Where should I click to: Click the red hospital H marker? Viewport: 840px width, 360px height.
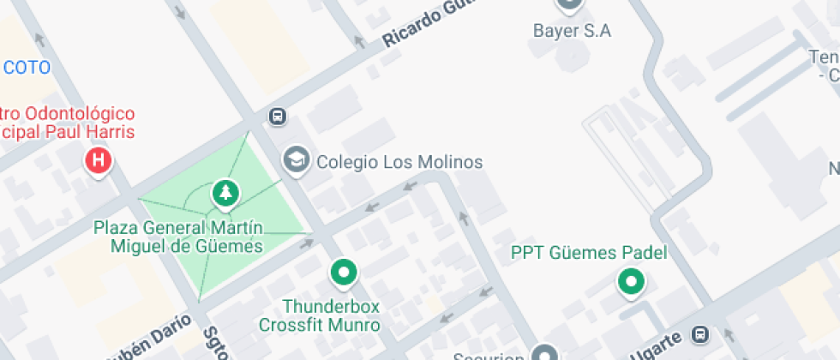(x=99, y=160)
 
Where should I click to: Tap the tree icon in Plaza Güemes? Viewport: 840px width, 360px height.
(x=225, y=193)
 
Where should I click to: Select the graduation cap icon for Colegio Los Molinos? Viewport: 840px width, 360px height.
(x=296, y=159)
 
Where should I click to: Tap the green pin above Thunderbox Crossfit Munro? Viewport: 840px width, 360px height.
(x=345, y=273)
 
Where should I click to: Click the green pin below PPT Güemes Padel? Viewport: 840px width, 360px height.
(x=632, y=280)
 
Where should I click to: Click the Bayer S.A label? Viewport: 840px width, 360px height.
(x=572, y=32)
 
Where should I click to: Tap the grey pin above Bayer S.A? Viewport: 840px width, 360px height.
(x=569, y=4)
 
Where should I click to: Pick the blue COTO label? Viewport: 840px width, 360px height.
(x=27, y=68)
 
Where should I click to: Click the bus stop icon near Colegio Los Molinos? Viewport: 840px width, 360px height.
(x=277, y=116)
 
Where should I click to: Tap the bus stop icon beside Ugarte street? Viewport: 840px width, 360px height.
(x=700, y=333)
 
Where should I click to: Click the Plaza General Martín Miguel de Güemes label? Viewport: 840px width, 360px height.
(x=178, y=237)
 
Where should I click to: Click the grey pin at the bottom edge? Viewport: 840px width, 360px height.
(x=544, y=353)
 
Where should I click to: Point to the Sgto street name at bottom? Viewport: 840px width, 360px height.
(x=215, y=345)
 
